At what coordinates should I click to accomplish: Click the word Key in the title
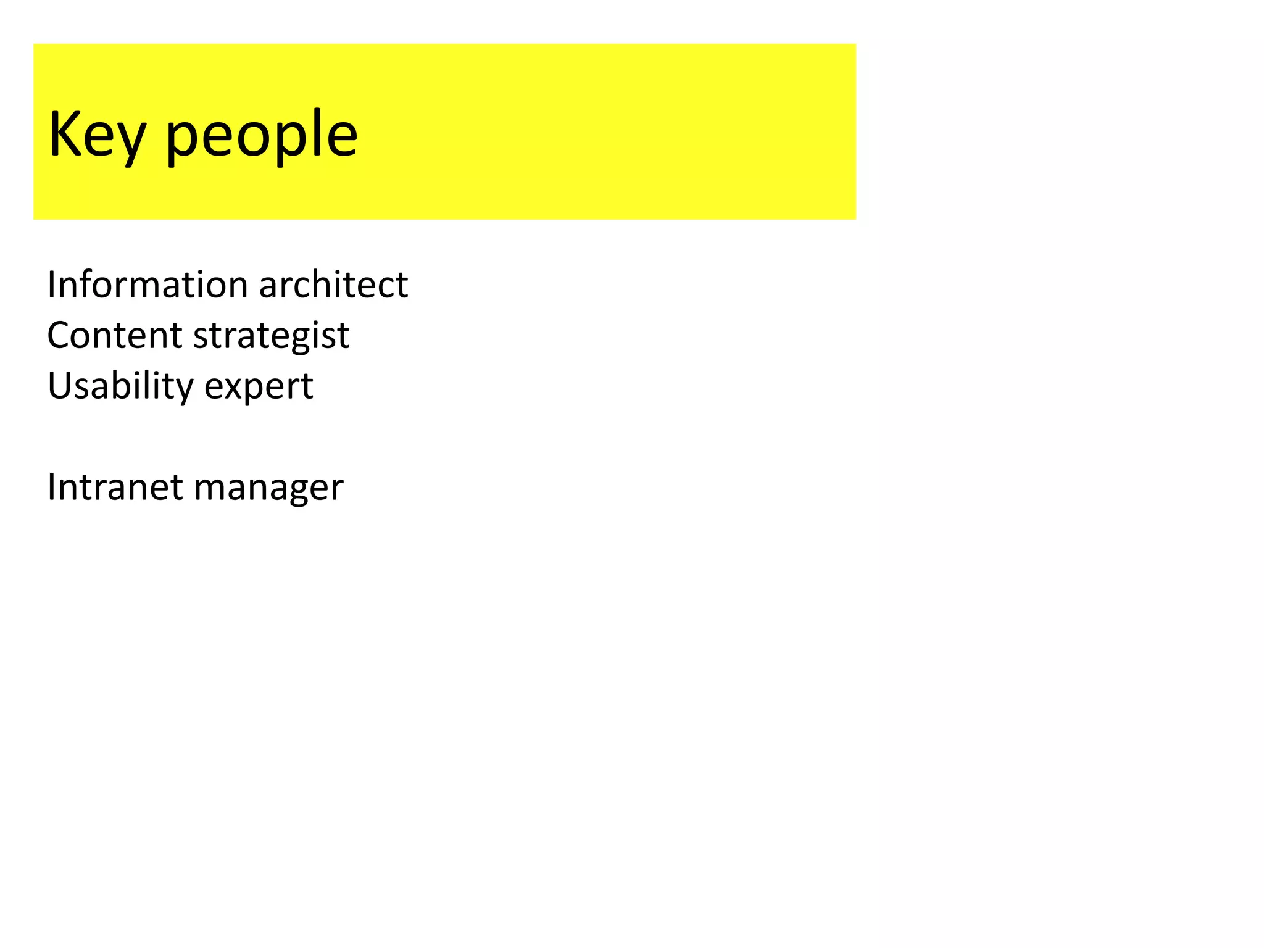(x=98, y=135)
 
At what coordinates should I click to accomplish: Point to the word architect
(x=333, y=285)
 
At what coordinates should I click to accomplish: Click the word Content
(x=114, y=335)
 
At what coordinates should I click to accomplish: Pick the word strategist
(x=272, y=336)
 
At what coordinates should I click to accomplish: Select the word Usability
(x=120, y=386)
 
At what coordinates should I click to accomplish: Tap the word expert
(x=259, y=387)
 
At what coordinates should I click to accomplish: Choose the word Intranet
(x=114, y=487)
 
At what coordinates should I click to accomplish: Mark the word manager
(x=268, y=488)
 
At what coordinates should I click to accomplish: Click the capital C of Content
(x=60, y=335)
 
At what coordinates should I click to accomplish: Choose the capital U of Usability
(x=60, y=386)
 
